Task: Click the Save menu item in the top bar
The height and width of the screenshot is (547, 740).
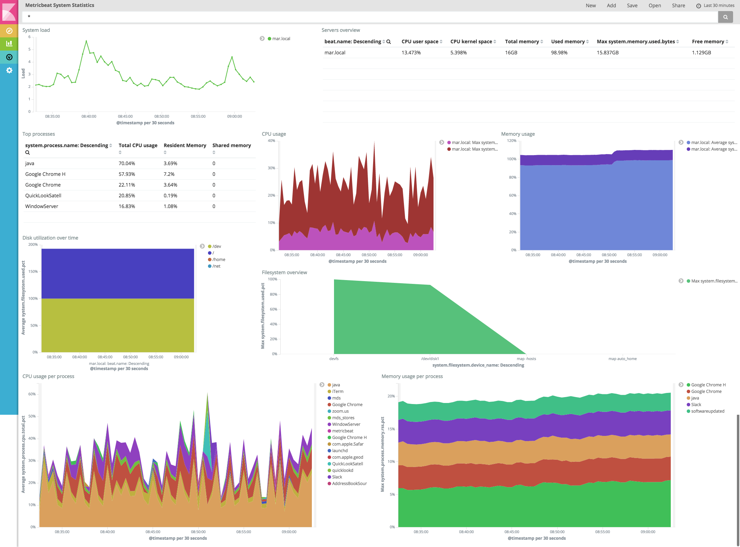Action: pyautogui.click(x=632, y=6)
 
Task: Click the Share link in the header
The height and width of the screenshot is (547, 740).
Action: pyautogui.click(x=678, y=6)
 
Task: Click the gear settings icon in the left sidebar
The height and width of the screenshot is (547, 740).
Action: pyautogui.click(x=9, y=70)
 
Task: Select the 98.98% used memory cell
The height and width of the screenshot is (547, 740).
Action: pyautogui.click(x=559, y=53)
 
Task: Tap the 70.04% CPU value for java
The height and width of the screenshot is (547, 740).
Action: pyautogui.click(x=127, y=163)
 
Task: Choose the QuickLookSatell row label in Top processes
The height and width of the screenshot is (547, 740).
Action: pyautogui.click(x=43, y=196)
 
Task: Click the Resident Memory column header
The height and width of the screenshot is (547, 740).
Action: pyautogui.click(x=184, y=145)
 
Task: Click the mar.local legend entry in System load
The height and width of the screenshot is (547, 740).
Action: pyautogui.click(x=281, y=39)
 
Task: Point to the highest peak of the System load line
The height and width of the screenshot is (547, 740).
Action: pyautogui.click(x=86, y=41)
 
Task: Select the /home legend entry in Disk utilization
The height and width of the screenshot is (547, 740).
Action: pyautogui.click(x=218, y=260)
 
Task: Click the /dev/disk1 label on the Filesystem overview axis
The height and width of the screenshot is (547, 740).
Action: pyautogui.click(x=430, y=359)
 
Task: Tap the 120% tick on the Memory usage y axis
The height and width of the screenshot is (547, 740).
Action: pyautogui.click(x=511, y=141)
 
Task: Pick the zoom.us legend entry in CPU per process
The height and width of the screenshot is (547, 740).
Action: pyautogui.click(x=340, y=411)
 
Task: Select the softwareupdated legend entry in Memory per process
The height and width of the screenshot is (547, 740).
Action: pyautogui.click(x=707, y=411)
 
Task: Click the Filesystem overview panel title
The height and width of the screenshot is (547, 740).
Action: pyautogui.click(x=284, y=272)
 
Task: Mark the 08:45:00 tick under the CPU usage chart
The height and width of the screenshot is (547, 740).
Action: pyautogui.click(x=343, y=255)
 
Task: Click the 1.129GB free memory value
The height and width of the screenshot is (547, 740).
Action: pyautogui.click(x=701, y=53)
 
